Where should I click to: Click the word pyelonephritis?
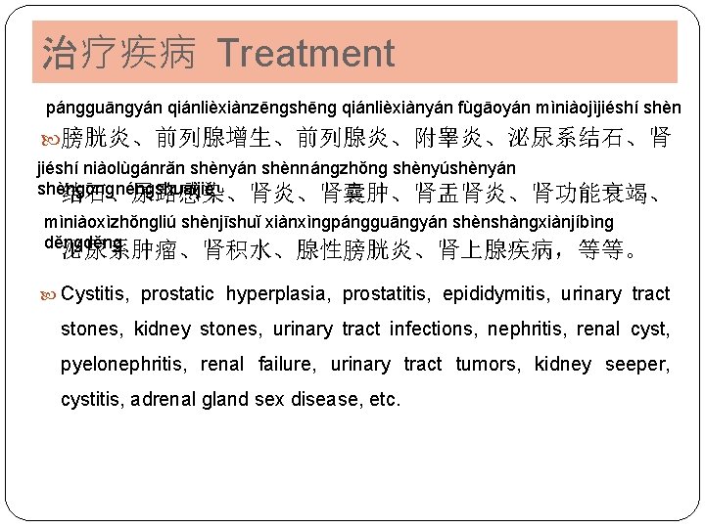click(x=124, y=365)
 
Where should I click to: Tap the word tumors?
click(x=488, y=365)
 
